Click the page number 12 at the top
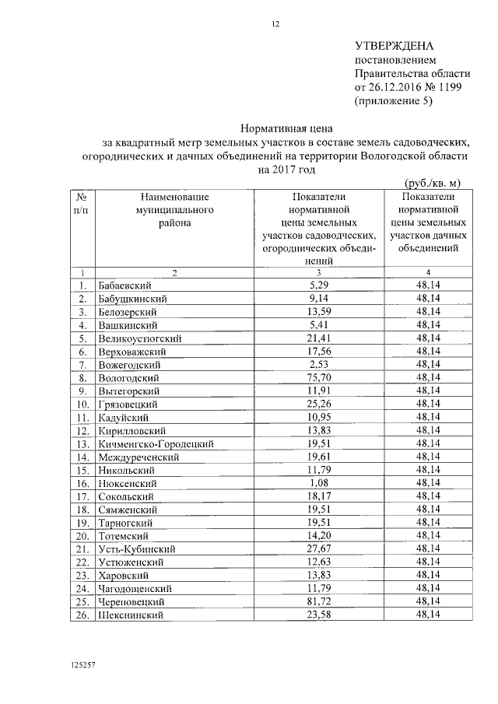click(275, 24)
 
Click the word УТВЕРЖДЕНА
click(394, 47)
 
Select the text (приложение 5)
click(392, 101)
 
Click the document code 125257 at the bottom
click(82, 667)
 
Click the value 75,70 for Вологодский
click(319, 377)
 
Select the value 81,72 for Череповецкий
click(319, 601)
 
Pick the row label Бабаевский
click(124, 285)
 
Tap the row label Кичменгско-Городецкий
click(156, 443)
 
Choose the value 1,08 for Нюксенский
click(319, 483)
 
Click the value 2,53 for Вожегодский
click(319, 364)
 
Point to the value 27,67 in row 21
click(319, 549)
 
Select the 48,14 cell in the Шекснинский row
click(428, 615)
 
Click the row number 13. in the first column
click(81, 443)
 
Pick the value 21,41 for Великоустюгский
click(319, 338)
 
